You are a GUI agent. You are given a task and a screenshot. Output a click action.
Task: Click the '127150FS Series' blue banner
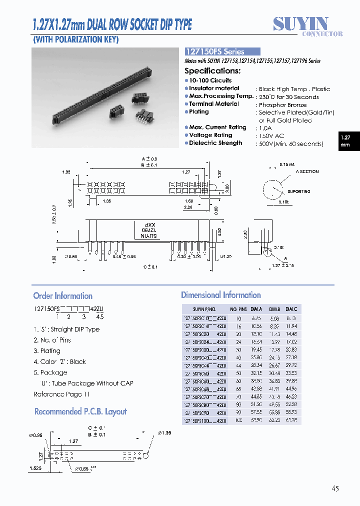tap(222, 51)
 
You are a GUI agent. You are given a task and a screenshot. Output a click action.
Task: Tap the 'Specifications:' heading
tap(212, 71)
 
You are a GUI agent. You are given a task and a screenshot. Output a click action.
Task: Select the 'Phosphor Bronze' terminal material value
tap(282, 105)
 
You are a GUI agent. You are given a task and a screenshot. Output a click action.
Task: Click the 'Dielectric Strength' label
tap(215, 143)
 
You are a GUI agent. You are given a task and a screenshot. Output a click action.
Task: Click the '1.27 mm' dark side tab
tap(345, 141)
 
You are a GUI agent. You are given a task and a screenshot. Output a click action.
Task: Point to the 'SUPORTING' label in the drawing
tap(298, 191)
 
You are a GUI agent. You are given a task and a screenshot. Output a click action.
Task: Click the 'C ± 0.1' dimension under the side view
tap(150, 267)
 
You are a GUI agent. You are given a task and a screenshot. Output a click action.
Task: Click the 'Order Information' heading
tap(63, 296)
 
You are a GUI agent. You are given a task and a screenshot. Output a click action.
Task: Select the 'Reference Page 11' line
tap(62, 394)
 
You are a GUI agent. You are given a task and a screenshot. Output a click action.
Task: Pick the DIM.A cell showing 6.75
tap(256, 318)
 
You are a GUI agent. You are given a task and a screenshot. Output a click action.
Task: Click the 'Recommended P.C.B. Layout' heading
tap(80, 411)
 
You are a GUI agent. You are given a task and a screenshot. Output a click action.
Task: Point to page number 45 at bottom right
tap(334, 488)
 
